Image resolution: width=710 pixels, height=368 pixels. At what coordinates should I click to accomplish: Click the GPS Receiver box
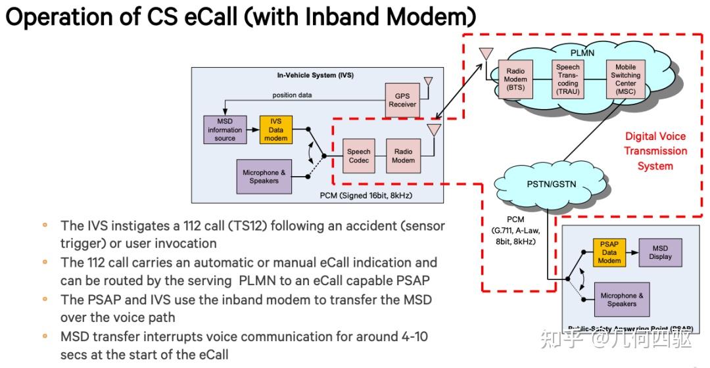[x=402, y=100]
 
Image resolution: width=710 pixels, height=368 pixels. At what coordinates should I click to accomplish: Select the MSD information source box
[x=225, y=130]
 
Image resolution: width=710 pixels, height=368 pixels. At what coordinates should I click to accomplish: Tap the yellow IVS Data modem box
[x=275, y=130]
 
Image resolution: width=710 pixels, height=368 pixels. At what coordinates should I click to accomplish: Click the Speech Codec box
[x=359, y=156]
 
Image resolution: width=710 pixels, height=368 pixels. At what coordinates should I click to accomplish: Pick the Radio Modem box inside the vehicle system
[x=403, y=156]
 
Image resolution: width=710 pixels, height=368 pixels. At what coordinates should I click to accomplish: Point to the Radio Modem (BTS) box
[x=515, y=80]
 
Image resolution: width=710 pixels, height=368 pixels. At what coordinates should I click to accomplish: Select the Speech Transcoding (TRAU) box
[x=568, y=80]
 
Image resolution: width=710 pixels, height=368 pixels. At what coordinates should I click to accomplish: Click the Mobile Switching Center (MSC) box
[x=625, y=80]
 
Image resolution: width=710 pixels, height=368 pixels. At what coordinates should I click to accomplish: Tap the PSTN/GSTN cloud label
[x=551, y=184]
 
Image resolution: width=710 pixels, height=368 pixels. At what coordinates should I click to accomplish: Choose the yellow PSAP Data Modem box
[x=609, y=252]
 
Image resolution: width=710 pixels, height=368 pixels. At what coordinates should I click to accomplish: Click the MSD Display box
[x=660, y=252]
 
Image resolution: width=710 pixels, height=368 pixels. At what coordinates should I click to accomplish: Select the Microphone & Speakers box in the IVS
[x=264, y=177]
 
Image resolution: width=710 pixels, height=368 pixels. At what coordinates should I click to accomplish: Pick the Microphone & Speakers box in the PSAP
[x=622, y=300]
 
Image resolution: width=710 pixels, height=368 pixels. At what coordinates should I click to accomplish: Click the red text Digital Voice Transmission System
[x=655, y=151]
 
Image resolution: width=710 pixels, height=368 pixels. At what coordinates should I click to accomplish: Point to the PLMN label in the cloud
[x=582, y=53]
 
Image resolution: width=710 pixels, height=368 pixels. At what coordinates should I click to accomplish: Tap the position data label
[x=292, y=95]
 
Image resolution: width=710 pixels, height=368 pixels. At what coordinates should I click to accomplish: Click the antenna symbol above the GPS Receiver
[x=428, y=82]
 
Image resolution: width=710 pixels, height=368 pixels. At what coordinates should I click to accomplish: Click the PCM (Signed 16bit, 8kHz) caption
[x=366, y=196]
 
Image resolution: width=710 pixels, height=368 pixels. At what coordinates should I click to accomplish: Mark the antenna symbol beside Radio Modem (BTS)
[x=486, y=54]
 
